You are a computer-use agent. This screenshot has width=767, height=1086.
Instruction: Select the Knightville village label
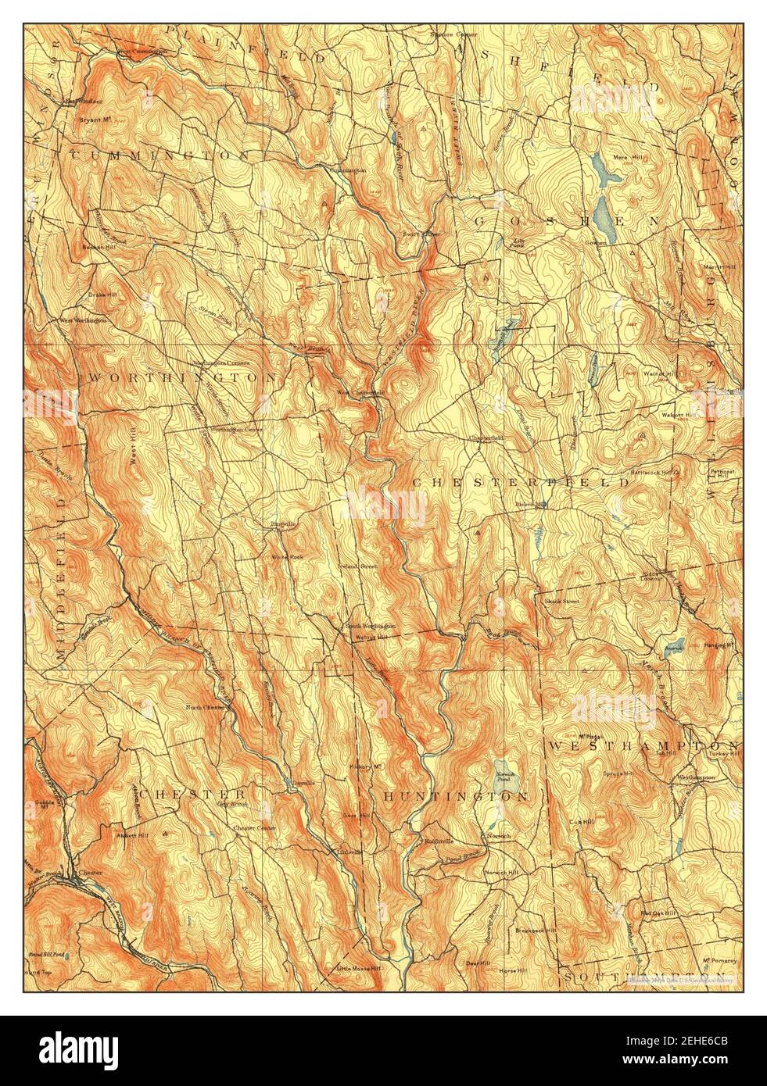(x=438, y=841)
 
